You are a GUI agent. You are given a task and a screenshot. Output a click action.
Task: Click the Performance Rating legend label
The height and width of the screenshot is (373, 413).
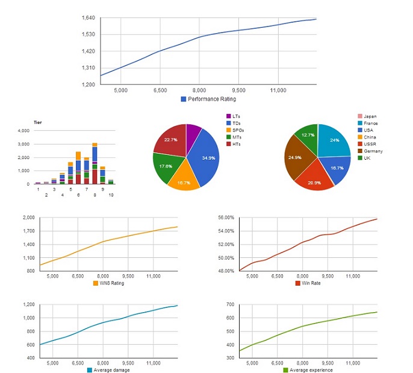click(x=212, y=99)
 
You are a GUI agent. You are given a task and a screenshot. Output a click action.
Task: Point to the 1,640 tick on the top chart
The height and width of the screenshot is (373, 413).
click(x=88, y=18)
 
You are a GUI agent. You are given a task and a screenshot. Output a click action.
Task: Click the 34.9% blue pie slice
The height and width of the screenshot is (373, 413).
click(x=205, y=157)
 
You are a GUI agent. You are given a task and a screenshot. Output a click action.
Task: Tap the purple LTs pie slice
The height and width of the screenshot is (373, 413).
click(x=193, y=132)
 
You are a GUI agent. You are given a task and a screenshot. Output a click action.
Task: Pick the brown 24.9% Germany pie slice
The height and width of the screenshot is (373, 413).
click(x=297, y=158)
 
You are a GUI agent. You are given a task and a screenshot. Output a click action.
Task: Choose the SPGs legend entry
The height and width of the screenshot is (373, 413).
click(x=235, y=130)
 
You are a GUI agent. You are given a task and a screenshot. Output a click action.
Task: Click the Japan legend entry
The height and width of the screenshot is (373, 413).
click(x=367, y=116)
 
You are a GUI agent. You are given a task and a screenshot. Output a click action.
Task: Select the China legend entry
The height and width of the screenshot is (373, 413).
click(x=367, y=137)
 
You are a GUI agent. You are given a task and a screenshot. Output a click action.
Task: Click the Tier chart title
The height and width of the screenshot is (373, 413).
click(x=38, y=122)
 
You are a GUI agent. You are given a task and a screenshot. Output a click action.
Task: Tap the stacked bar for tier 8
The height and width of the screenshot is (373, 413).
click(x=95, y=163)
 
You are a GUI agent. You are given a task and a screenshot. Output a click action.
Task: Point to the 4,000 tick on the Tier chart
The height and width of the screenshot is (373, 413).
click(x=23, y=131)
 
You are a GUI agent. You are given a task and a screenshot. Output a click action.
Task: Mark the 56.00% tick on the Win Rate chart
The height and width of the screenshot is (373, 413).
click(x=226, y=218)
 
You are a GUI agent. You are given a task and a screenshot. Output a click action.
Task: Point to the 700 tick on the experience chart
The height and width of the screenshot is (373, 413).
click(x=230, y=304)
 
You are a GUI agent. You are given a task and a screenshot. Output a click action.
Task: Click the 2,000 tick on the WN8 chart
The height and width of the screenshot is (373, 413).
click(x=29, y=218)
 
